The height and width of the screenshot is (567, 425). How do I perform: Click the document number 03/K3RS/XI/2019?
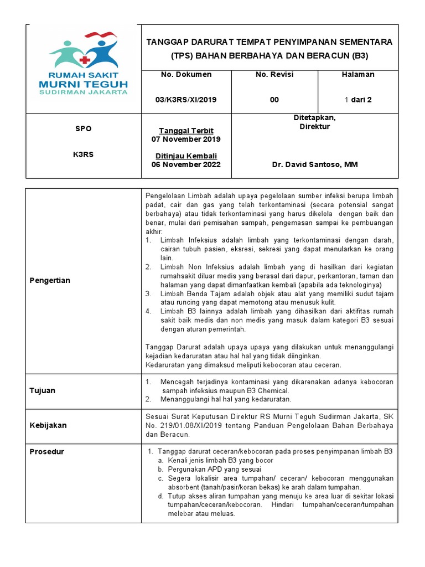coord(186,100)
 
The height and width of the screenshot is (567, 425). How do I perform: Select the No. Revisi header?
coord(274,75)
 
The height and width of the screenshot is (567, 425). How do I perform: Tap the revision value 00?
coord(274,100)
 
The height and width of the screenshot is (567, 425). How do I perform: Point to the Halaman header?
coord(359,75)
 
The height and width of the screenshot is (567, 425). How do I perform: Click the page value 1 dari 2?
coord(359,100)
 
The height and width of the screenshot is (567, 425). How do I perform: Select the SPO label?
coord(83,128)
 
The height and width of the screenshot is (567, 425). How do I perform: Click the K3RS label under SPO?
coord(83,154)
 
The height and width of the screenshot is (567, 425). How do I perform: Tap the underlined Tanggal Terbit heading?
coord(186,131)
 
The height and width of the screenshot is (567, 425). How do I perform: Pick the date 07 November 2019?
coord(186,140)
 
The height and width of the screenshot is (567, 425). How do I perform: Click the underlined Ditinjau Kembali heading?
coord(186,156)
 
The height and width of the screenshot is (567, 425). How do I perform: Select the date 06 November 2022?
coord(186,164)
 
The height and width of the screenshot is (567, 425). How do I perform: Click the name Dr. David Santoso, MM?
coord(314,164)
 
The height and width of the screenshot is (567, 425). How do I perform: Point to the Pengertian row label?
coord(50,281)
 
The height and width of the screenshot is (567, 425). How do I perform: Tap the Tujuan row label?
coord(42,390)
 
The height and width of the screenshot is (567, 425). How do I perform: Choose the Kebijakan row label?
coord(48,425)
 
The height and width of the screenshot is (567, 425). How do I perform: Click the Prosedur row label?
coord(46,452)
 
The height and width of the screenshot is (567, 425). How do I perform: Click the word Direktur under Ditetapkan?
coord(314,126)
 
